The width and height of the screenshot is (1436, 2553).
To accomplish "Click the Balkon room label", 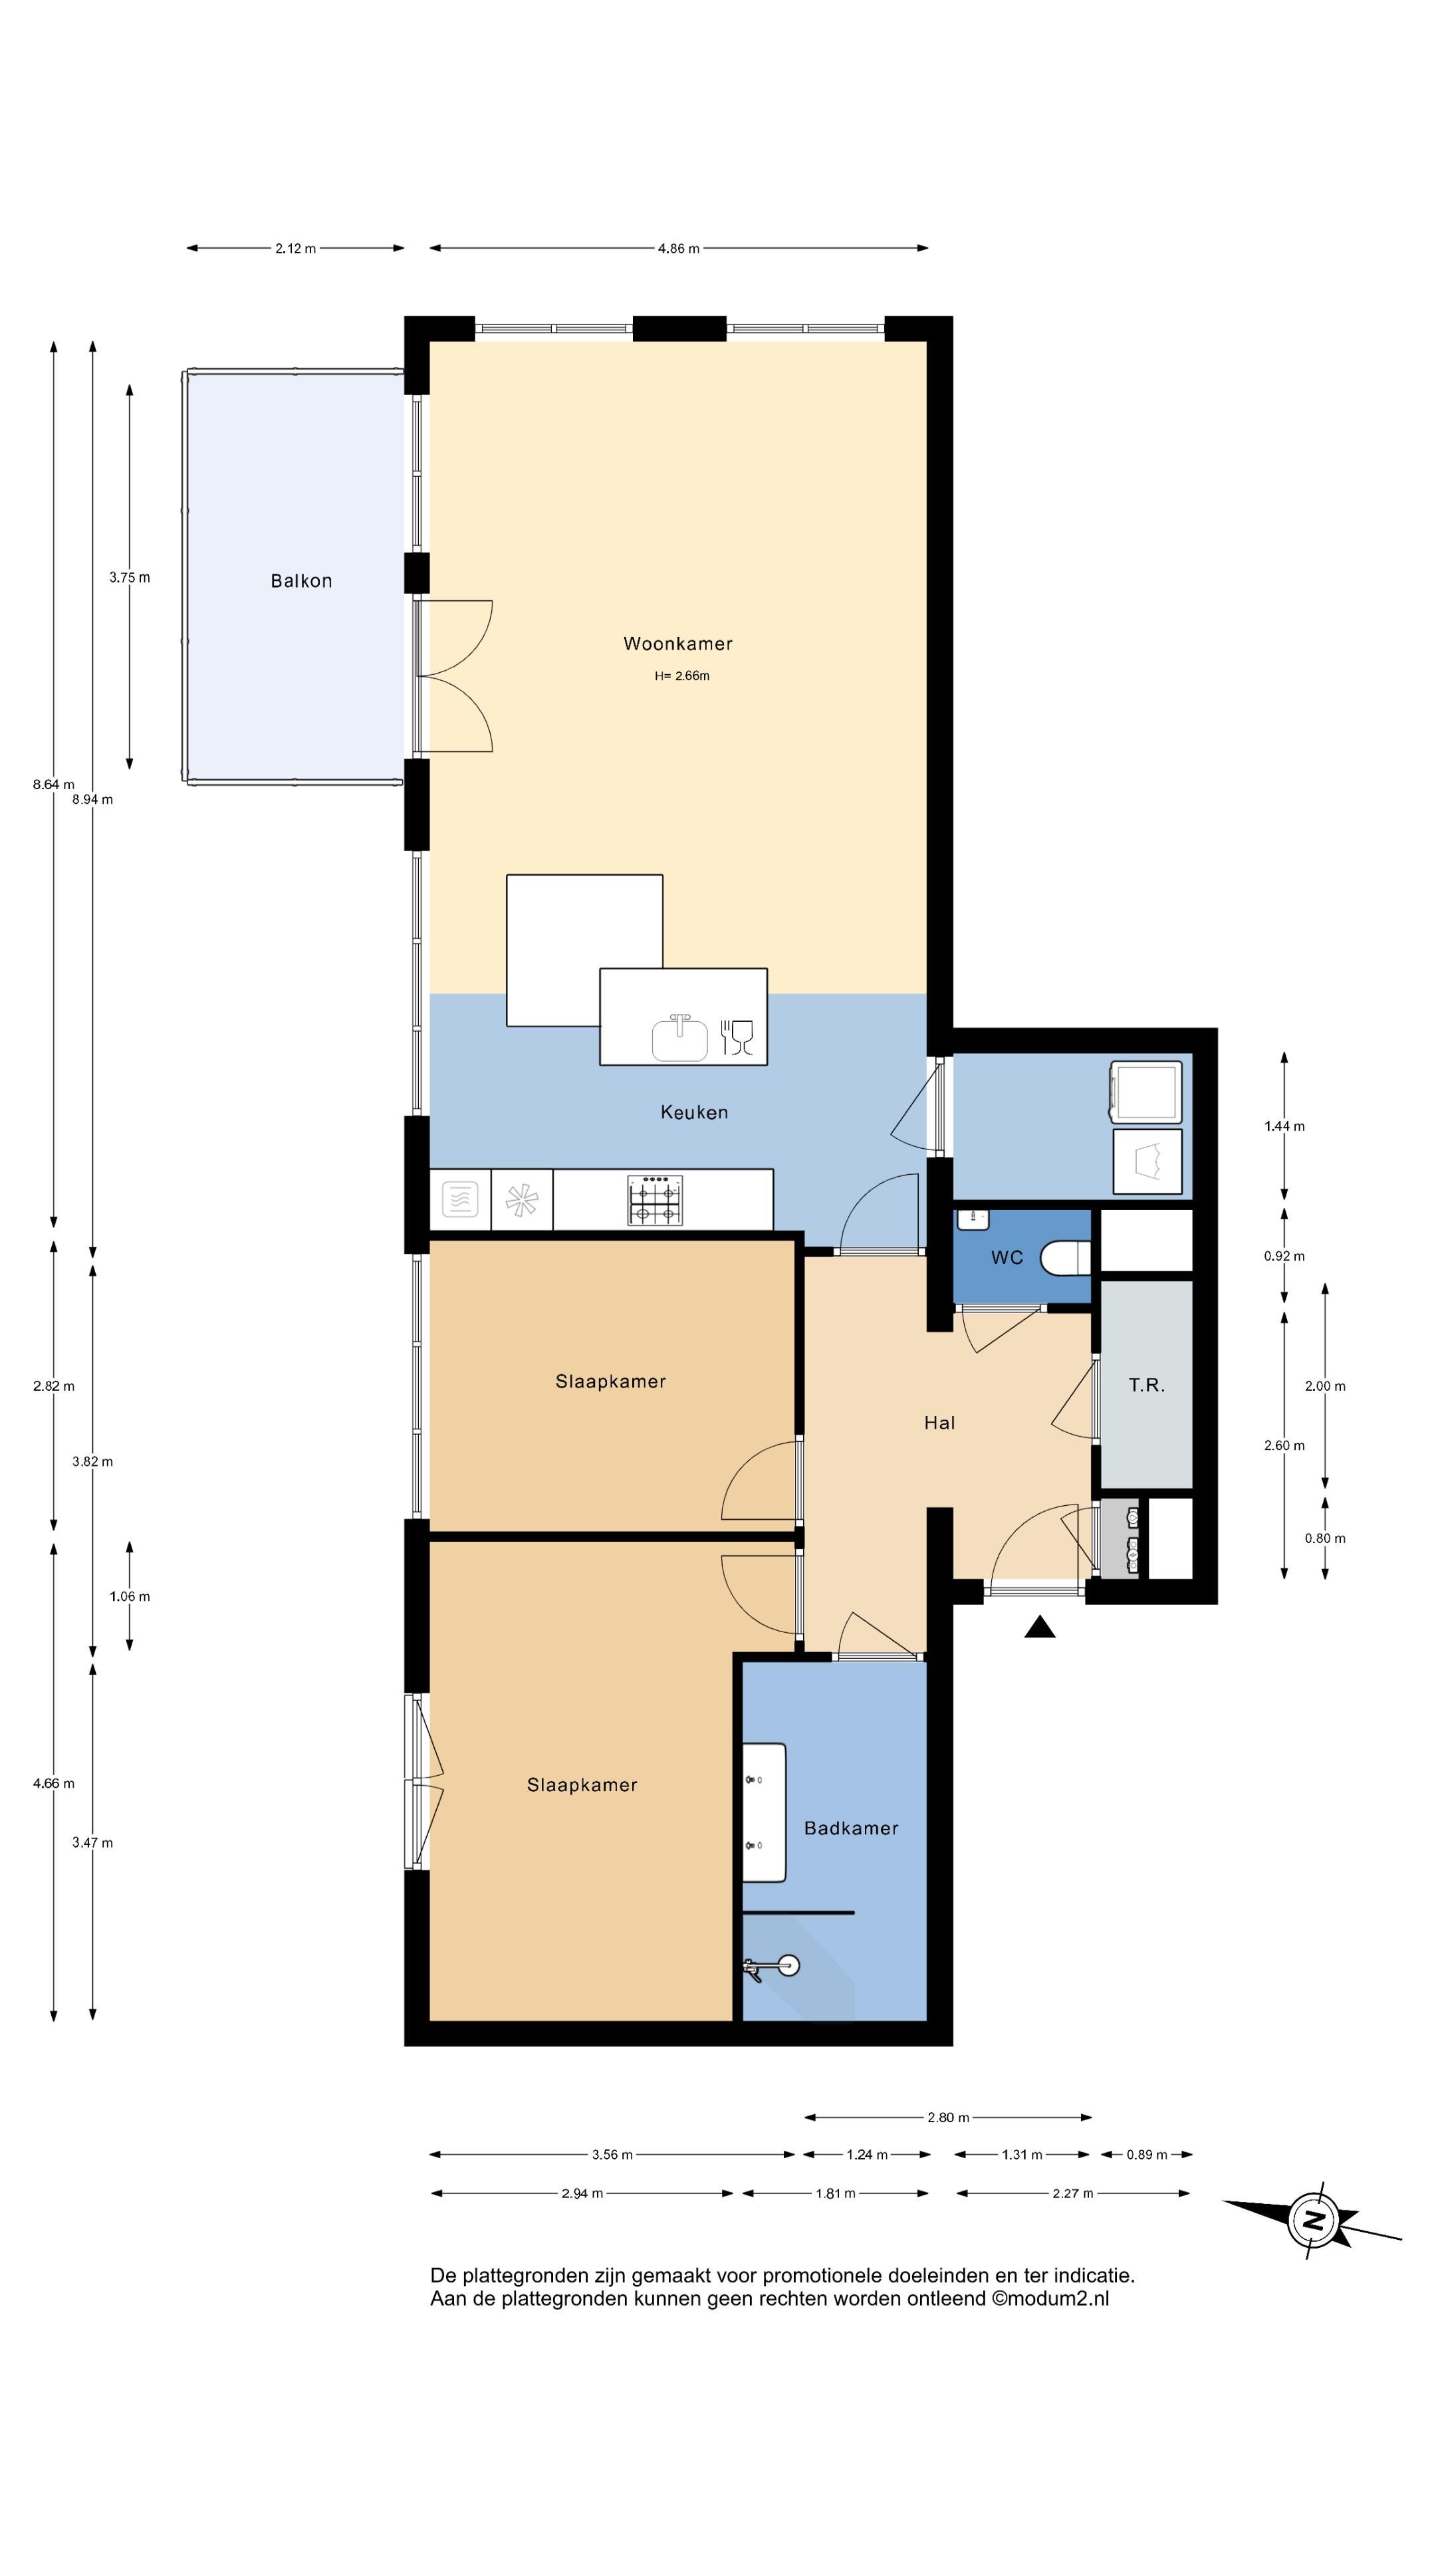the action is click(x=301, y=581).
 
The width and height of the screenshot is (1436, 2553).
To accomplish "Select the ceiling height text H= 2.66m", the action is click(x=682, y=676).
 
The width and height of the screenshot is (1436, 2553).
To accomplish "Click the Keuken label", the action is click(x=693, y=1112).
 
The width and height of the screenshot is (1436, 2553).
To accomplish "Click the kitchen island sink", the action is click(x=680, y=1038).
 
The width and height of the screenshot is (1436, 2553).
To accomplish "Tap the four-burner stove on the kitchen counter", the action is click(x=655, y=1199).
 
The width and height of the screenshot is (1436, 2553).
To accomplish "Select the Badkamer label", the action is click(x=851, y=1828).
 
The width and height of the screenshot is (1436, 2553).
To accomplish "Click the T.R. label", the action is click(x=1147, y=1386).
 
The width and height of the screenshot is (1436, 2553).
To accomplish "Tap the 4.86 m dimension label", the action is click(x=679, y=249).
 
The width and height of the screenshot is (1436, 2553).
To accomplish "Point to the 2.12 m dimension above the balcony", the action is click(x=295, y=249).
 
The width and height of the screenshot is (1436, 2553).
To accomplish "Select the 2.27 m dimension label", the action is click(x=1073, y=2193).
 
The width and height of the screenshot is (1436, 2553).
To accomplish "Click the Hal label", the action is click(x=939, y=1423).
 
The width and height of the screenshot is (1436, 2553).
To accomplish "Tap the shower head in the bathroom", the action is click(x=789, y=1965).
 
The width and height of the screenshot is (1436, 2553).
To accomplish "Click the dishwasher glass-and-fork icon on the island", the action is click(x=737, y=1036).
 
